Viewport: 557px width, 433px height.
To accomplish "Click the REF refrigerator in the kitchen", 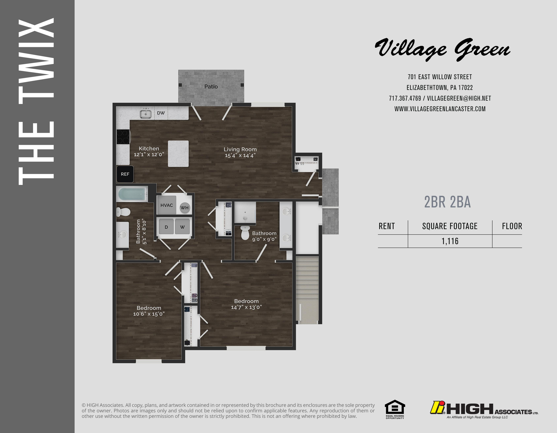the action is [x=125, y=174].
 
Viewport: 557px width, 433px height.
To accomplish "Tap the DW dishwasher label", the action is [x=161, y=113].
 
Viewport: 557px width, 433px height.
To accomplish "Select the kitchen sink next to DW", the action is [x=146, y=114].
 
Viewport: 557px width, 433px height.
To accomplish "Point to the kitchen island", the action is [x=178, y=154].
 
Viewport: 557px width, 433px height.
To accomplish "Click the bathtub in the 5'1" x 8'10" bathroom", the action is [x=132, y=194].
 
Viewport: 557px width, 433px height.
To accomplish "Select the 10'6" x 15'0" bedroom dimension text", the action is [x=149, y=314].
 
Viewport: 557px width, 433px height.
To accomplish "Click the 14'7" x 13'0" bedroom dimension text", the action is [x=246, y=307].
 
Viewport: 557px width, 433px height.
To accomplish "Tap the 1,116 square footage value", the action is [x=450, y=241].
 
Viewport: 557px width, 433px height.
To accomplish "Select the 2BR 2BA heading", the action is [x=447, y=202].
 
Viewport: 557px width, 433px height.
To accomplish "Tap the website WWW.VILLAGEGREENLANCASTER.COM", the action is [x=440, y=109].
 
